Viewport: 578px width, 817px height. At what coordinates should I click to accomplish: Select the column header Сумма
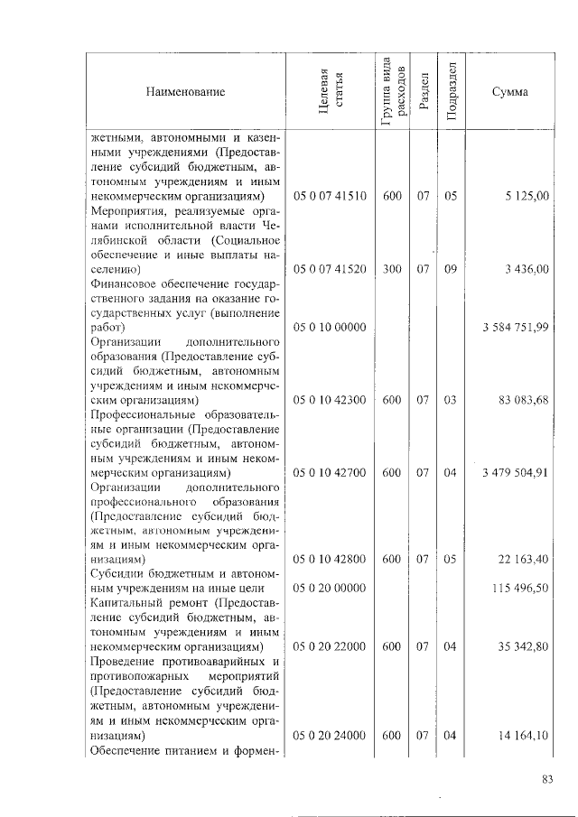pos(510,92)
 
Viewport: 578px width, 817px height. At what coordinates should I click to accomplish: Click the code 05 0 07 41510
pos(330,196)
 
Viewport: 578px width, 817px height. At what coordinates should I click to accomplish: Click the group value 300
pos(392,269)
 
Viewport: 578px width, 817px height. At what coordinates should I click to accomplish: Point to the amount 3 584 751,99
pos(516,327)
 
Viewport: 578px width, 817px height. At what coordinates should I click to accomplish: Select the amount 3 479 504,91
pos(516,472)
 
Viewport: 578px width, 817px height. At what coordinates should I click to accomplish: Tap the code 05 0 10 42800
pos(330,560)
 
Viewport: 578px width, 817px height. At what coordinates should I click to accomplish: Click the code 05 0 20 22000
pos(330,647)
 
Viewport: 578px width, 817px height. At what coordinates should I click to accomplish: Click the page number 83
pos(546,781)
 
